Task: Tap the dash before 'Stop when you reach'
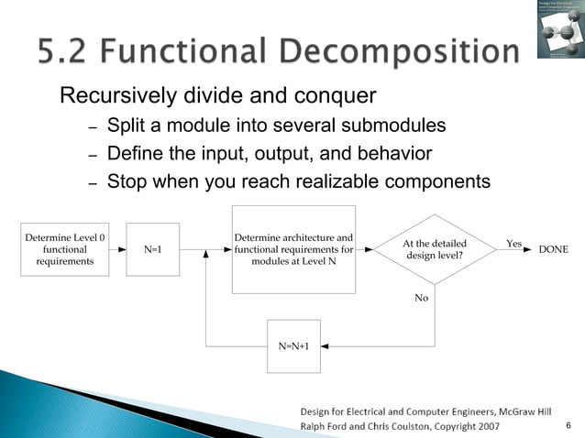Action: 92,182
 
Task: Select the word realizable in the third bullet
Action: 325,181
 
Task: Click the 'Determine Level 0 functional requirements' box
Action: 64,248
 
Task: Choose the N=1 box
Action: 153,248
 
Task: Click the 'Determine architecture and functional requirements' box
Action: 293,248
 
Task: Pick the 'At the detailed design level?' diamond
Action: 435,249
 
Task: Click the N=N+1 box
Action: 293,346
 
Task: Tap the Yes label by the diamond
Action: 513,244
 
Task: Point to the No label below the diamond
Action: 422,298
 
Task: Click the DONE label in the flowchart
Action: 553,249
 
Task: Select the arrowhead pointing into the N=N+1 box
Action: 326,346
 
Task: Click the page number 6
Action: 568,425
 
